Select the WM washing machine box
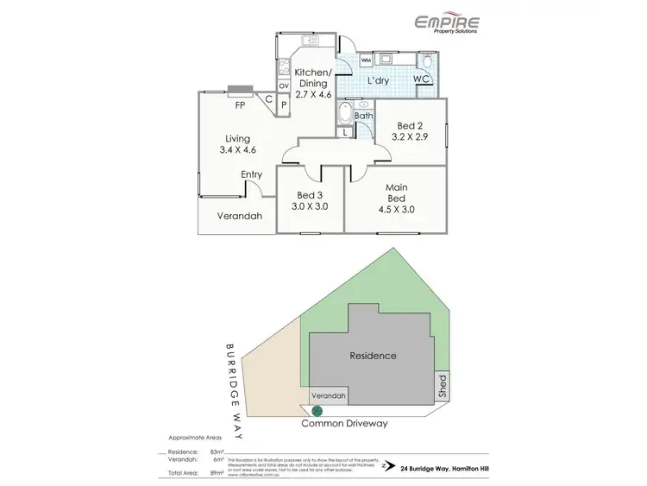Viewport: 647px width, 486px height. coord(366,60)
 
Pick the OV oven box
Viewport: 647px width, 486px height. coord(283,85)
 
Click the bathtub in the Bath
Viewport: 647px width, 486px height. coord(344,116)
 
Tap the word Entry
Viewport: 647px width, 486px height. coord(252,174)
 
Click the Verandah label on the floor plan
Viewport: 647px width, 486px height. coord(239,216)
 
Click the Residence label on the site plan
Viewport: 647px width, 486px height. coord(373,355)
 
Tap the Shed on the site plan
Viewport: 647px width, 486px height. coord(442,386)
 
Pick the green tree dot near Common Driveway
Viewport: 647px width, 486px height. coord(317,410)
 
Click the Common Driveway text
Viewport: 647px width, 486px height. coord(344,424)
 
